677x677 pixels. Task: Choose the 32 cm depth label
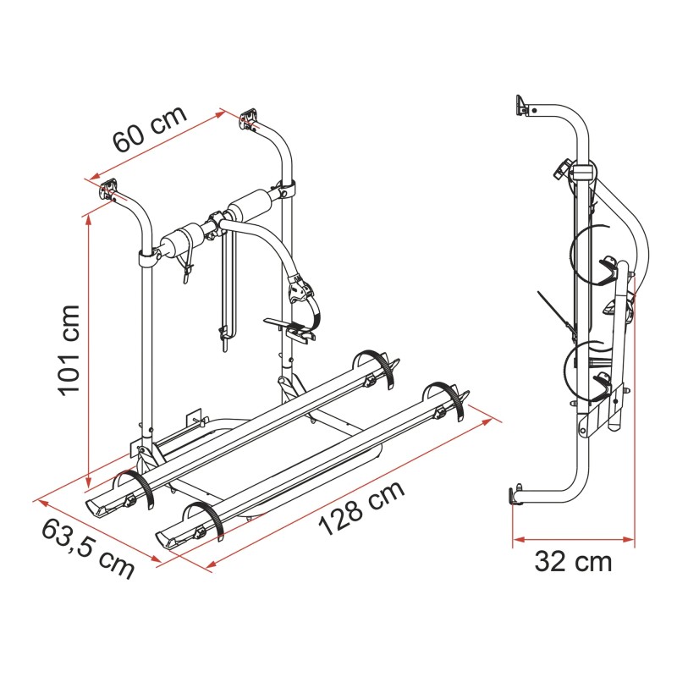[573, 561]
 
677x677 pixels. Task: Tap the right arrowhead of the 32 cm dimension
[630, 538]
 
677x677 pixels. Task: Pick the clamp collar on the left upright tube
[148, 256]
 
